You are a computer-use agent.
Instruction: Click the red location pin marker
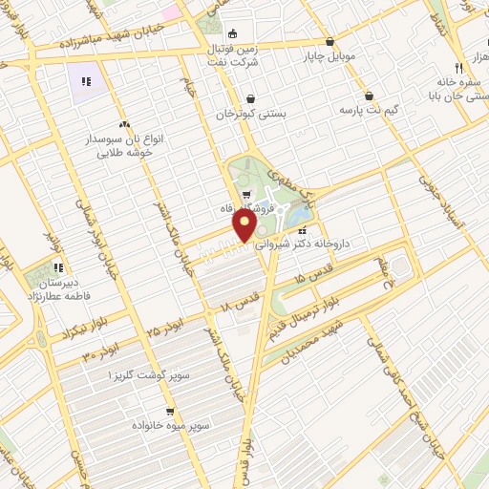pyautogui.click(x=245, y=225)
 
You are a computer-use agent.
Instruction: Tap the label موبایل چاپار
pyautogui.click(x=330, y=55)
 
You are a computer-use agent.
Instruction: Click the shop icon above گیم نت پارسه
pyautogui.click(x=369, y=96)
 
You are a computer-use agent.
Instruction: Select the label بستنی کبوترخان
pyautogui.click(x=251, y=114)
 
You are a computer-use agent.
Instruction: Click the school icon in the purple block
pyautogui.click(x=86, y=82)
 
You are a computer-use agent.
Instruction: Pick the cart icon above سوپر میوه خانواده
pyautogui.click(x=169, y=412)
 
